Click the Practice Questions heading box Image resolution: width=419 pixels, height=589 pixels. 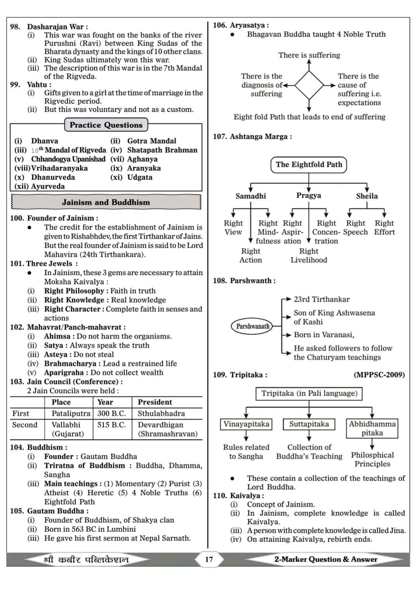point(106,125)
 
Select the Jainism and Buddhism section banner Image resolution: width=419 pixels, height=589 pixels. point(106,202)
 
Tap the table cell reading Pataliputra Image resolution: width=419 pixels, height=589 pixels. point(71,414)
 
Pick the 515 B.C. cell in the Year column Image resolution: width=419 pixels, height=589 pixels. point(112,425)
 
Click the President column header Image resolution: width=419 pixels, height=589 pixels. point(155,402)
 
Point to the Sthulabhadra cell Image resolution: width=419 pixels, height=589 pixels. point(161,414)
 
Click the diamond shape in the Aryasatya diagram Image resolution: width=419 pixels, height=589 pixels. point(309,85)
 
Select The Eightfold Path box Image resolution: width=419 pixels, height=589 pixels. point(309,165)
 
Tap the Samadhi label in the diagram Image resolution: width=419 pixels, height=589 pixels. point(251,196)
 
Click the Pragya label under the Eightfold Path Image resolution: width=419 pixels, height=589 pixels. point(309,195)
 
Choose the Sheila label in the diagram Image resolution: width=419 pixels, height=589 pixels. point(367,196)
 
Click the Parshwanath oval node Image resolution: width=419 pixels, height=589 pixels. point(253,326)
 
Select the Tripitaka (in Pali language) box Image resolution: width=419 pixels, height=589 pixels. point(309,393)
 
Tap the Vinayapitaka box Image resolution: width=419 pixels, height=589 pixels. point(246,424)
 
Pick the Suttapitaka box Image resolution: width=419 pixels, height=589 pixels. point(309,424)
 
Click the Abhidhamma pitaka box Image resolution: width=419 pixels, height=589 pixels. point(372,428)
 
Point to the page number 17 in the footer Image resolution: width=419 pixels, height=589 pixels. point(209,559)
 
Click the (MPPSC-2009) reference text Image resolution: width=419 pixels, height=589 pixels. point(379,375)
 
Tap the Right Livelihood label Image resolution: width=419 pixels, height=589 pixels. point(309,256)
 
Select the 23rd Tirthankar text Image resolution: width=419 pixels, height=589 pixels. point(322,299)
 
